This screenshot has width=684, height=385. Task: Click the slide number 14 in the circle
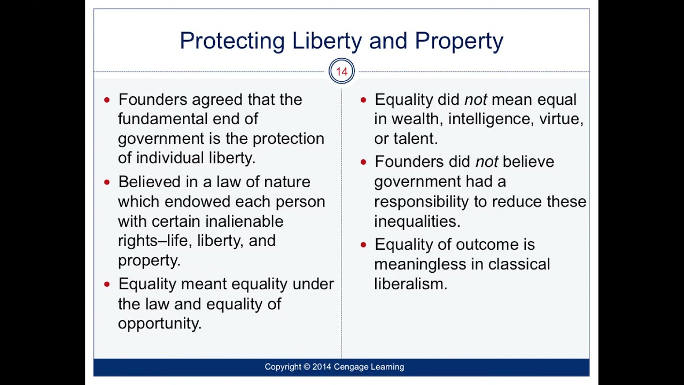[341, 72]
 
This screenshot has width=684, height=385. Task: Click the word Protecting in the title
[232, 41]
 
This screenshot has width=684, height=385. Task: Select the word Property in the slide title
[458, 41]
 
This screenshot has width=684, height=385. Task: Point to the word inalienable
[244, 221]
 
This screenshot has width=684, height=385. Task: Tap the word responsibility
[431, 202]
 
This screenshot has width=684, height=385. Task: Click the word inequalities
[416, 221]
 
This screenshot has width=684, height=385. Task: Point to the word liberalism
[410, 284]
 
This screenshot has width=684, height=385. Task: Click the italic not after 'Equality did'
[475, 99]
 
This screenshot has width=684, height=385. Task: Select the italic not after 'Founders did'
[486, 161]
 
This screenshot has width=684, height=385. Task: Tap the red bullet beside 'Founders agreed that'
[107, 99]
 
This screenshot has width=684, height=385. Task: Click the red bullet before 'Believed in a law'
[107, 182]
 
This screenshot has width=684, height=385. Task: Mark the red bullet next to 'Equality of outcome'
[363, 245]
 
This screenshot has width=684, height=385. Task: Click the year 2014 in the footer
[322, 367]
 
